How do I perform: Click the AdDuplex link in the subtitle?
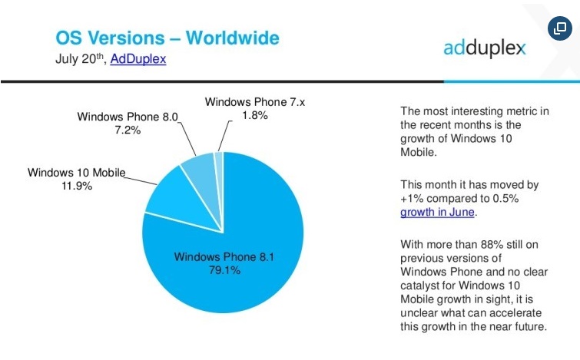(138, 58)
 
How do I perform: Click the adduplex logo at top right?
(485, 48)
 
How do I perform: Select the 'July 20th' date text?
(81, 58)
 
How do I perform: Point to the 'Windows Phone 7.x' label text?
(255, 102)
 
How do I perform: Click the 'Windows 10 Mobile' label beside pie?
(77, 172)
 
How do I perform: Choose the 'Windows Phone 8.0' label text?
(128, 116)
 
